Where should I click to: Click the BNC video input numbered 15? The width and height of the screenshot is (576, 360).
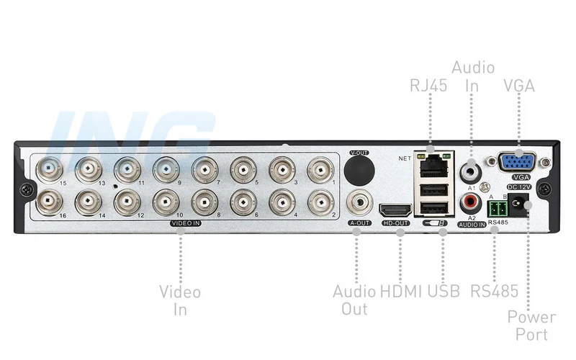coord(50,170)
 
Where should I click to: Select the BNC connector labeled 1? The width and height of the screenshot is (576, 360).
coord(320,171)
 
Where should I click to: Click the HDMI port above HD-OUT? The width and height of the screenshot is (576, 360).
coord(395,210)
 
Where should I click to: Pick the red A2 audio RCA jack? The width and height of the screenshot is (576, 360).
coord(472,199)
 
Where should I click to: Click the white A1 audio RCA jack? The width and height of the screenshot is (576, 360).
coord(472,170)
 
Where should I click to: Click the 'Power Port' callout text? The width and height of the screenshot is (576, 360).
coord(531,325)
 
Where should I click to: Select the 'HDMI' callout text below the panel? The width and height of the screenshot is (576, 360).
coord(401,292)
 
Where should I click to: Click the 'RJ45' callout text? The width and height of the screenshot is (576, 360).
coord(428,86)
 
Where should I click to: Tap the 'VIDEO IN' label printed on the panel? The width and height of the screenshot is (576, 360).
coord(186,224)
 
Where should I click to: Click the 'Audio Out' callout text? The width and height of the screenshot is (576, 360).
coord(354,300)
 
